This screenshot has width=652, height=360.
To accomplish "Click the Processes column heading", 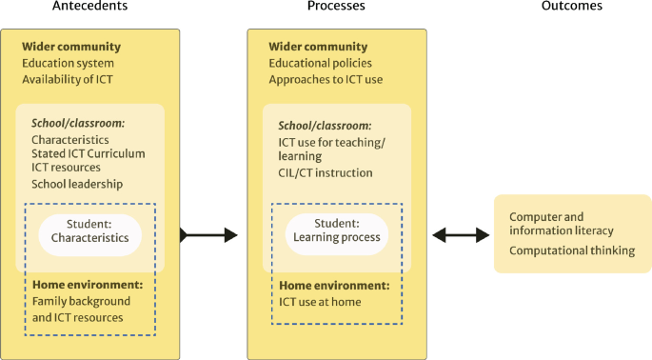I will pyautogui.click(x=336, y=8).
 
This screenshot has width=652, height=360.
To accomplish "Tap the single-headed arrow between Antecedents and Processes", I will pyautogui.click(x=208, y=234).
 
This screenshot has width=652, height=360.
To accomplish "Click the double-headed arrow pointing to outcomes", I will pyautogui.click(x=461, y=234).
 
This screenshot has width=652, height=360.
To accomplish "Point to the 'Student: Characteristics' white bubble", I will pyautogui.click(x=89, y=231).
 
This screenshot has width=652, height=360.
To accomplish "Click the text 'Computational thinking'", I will pyautogui.click(x=571, y=250).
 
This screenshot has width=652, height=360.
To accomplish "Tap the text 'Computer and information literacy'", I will pyautogui.click(x=561, y=224).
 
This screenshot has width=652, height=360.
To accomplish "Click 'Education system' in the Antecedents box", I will pyautogui.click(x=68, y=63).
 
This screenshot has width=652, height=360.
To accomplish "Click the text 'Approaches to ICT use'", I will pyautogui.click(x=326, y=79).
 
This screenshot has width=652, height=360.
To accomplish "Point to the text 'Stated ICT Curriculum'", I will pyautogui.click(x=88, y=153).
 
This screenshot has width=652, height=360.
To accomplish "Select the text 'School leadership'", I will pyautogui.click(x=76, y=184).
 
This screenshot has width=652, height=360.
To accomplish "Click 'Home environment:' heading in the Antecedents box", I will pyautogui.click(x=87, y=285).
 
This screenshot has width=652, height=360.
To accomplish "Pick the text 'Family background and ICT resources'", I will pyautogui.click(x=81, y=309).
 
